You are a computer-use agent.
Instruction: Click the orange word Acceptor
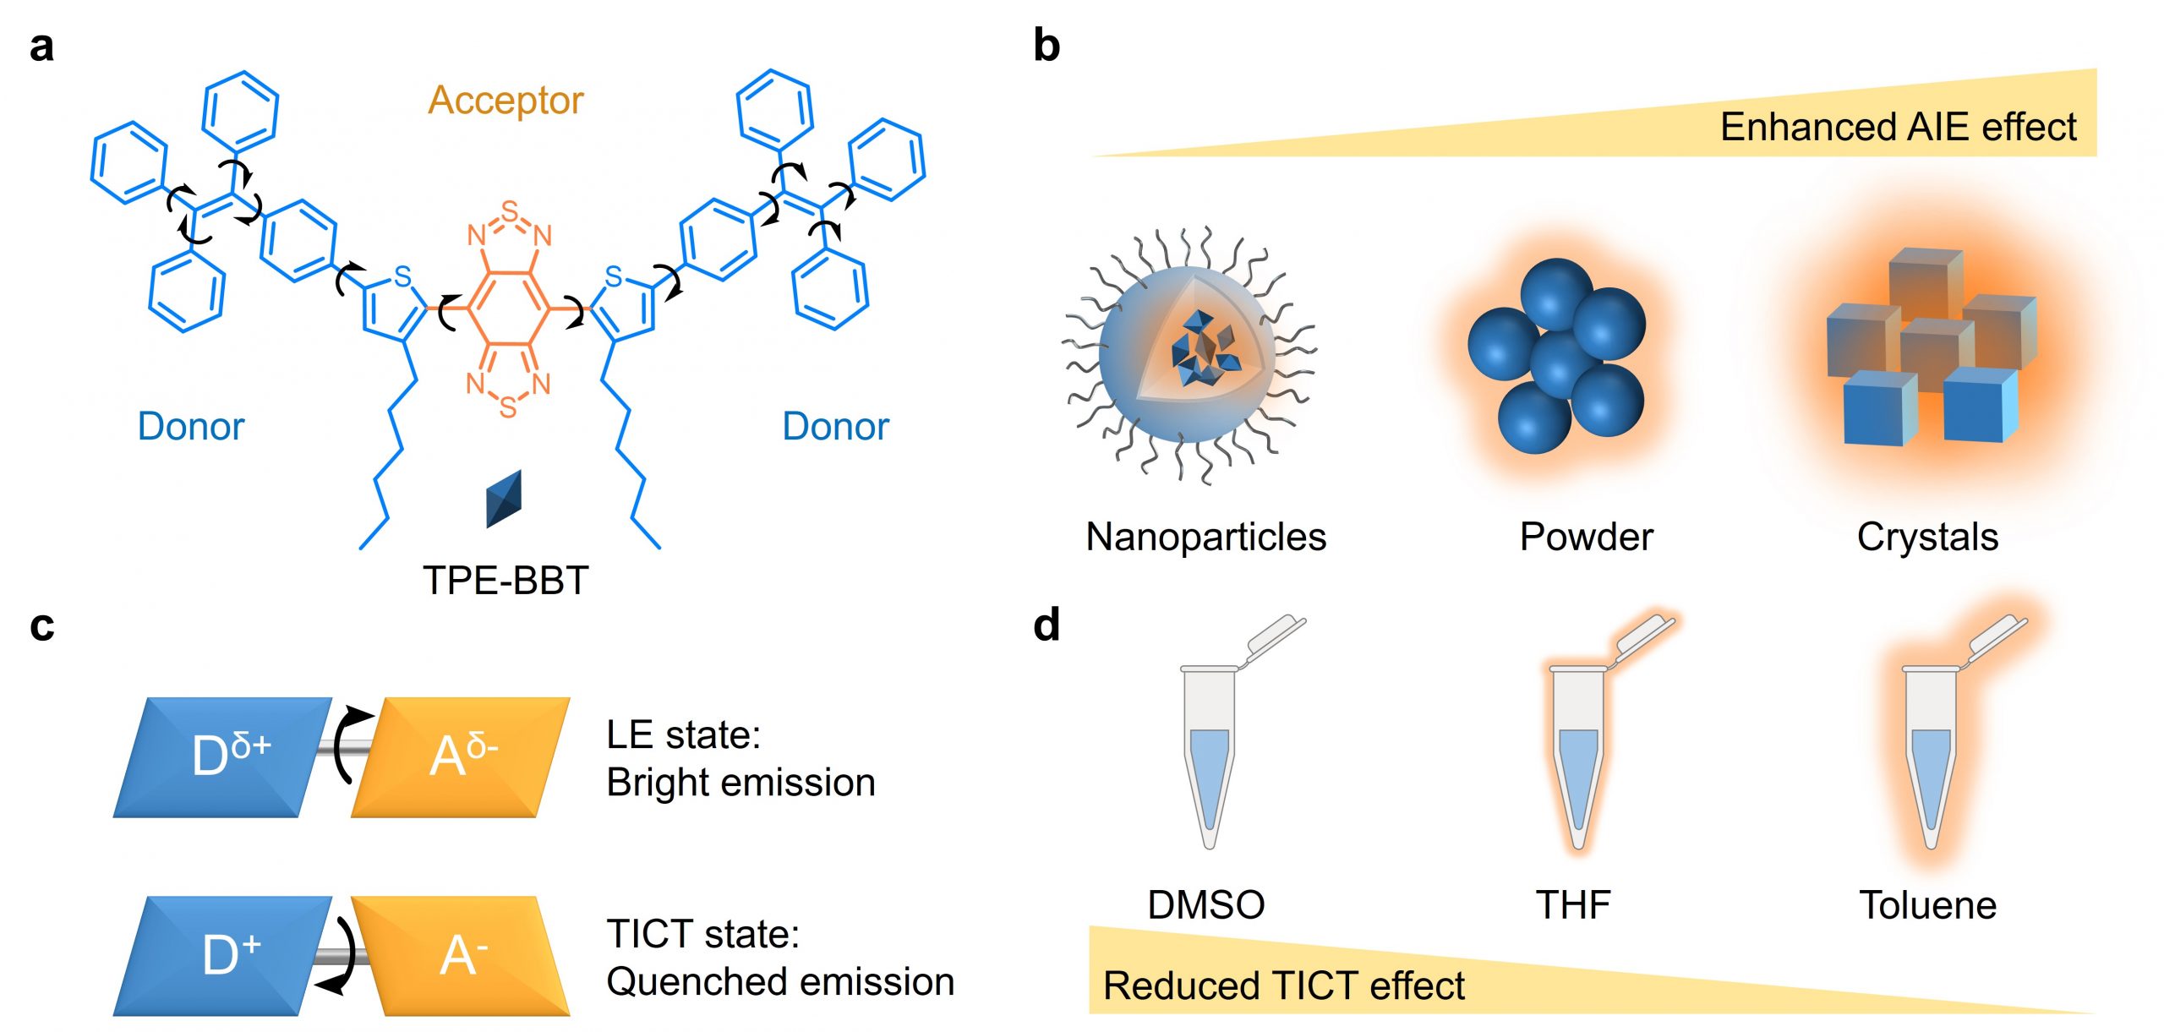click(505, 101)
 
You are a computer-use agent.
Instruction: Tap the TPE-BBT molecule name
click(505, 581)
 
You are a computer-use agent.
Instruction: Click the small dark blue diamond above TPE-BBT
click(504, 499)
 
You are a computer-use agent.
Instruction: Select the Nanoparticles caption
click(1205, 537)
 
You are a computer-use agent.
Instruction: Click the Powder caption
click(1586, 537)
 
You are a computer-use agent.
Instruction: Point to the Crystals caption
click(1927, 537)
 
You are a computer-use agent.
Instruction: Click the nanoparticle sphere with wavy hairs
click(1188, 355)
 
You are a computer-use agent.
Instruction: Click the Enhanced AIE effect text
click(1898, 128)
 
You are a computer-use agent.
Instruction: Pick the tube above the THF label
click(1577, 752)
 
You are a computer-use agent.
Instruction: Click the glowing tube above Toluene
click(1931, 752)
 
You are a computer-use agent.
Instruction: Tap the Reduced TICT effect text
click(1283, 986)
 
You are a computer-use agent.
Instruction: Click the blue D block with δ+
click(224, 756)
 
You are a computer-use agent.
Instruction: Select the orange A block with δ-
click(461, 756)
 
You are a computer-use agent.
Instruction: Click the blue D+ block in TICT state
click(224, 955)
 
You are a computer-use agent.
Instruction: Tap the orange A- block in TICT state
click(461, 955)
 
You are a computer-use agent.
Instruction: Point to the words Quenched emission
click(780, 982)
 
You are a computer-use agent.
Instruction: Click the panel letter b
click(1046, 46)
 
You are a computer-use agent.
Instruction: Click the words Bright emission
click(740, 783)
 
